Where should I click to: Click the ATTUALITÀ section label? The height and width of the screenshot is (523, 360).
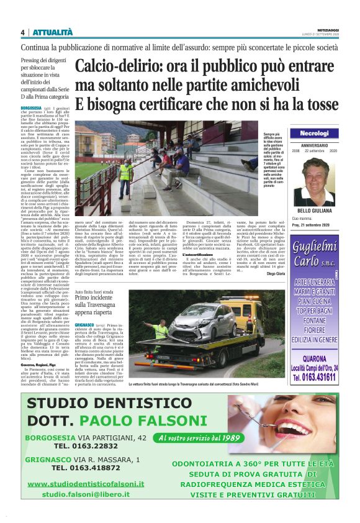tap(52, 32)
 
